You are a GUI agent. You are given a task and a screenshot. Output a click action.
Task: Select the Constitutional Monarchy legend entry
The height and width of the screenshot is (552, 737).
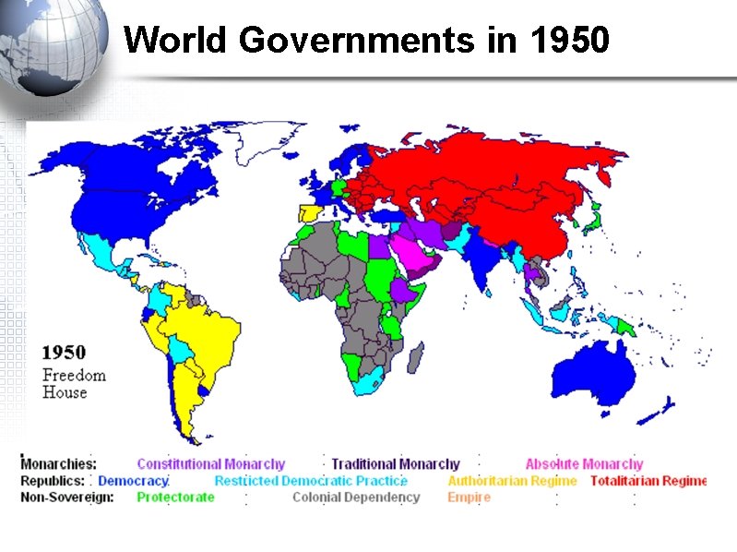click(210, 464)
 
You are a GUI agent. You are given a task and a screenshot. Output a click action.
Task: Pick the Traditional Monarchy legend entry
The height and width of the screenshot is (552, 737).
click(395, 464)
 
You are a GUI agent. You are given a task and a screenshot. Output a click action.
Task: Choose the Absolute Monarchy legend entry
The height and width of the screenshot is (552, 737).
click(584, 464)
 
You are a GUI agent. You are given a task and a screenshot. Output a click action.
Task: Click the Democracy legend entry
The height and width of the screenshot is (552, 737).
click(133, 481)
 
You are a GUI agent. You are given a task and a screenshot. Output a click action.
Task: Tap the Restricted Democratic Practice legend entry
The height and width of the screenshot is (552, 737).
click(311, 481)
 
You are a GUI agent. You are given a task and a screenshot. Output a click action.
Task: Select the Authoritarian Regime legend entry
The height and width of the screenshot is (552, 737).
click(512, 481)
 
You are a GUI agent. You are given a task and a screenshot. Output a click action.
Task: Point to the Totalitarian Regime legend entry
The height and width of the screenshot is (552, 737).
click(648, 481)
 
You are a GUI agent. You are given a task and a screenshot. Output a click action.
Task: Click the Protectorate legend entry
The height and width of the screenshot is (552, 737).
click(175, 498)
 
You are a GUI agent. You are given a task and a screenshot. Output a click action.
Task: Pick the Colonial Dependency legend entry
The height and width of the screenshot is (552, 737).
click(355, 498)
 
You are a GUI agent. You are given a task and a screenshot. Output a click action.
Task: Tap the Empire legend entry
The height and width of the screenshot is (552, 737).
click(469, 498)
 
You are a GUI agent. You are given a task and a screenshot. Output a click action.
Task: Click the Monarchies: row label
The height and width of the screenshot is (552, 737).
click(58, 464)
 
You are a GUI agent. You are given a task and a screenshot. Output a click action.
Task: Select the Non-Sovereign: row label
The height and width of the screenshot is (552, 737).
click(67, 498)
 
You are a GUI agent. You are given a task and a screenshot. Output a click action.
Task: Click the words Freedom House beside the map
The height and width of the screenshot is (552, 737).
click(74, 384)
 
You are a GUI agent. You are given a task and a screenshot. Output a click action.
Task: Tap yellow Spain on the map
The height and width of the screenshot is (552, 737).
click(308, 214)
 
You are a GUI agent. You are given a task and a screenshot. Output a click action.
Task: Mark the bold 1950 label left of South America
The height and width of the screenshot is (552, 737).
click(65, 353)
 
